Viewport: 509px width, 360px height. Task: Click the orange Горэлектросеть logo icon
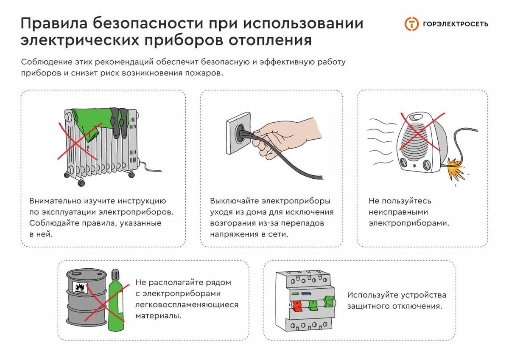tap(411, 24)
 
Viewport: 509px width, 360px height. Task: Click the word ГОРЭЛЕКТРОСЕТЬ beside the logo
tap(456, 24)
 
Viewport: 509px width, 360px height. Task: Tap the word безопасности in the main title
tap(148, 23)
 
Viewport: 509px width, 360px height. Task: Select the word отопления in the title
tap(270, 40)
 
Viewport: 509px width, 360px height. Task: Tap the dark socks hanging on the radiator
tap(119, 122)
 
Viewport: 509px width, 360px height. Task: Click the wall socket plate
tap(238, 133)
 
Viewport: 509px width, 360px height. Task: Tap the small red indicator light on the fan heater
tap(414, 166)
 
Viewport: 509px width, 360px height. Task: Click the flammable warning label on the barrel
tap(80, 288)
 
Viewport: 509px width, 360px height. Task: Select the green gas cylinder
tap(116, 300)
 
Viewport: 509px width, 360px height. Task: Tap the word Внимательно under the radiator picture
tap(56, 201)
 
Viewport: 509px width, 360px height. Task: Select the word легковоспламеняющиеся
tap(187, 304)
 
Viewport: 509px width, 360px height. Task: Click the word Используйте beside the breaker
tap(372, 295)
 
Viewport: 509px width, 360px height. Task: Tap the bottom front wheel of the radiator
tap(81, 183)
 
